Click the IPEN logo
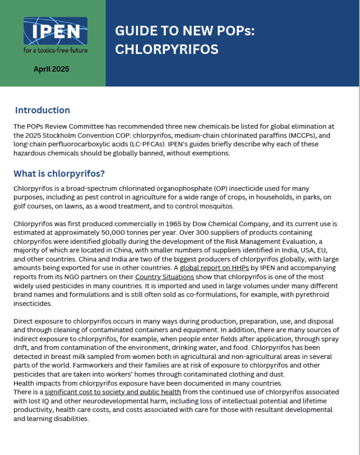pos(55,31)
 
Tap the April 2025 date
pos(51,69)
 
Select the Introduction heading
pos(42,111)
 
